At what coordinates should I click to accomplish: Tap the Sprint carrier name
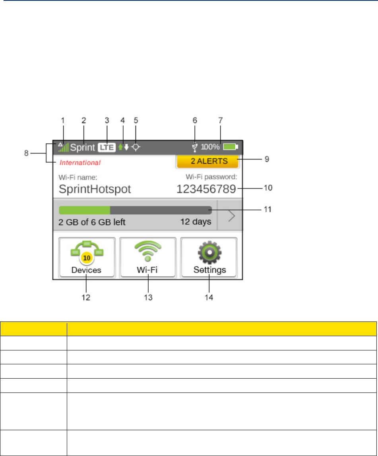pyautogui.click(x=83, y=148)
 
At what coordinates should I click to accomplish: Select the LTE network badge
pyautogui.click(x=107, y=148)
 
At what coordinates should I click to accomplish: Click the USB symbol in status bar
pyautogui.click(x=194, y=148)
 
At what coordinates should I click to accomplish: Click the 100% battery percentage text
pyautogui.click(x=210, y=147)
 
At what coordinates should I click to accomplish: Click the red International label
pyautogui.click(x=80, y=162)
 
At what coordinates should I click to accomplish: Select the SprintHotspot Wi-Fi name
pyautogui.click(x=95, y=189)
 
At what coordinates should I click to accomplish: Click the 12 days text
pyautogui.click(x=196, y=222)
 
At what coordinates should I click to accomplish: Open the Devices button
pyautogui.click(x=87, y=257)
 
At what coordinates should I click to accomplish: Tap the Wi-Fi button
pyautogui.click(x=147, y=257)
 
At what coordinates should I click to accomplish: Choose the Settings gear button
pyautogui.click(x=209, y=257)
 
